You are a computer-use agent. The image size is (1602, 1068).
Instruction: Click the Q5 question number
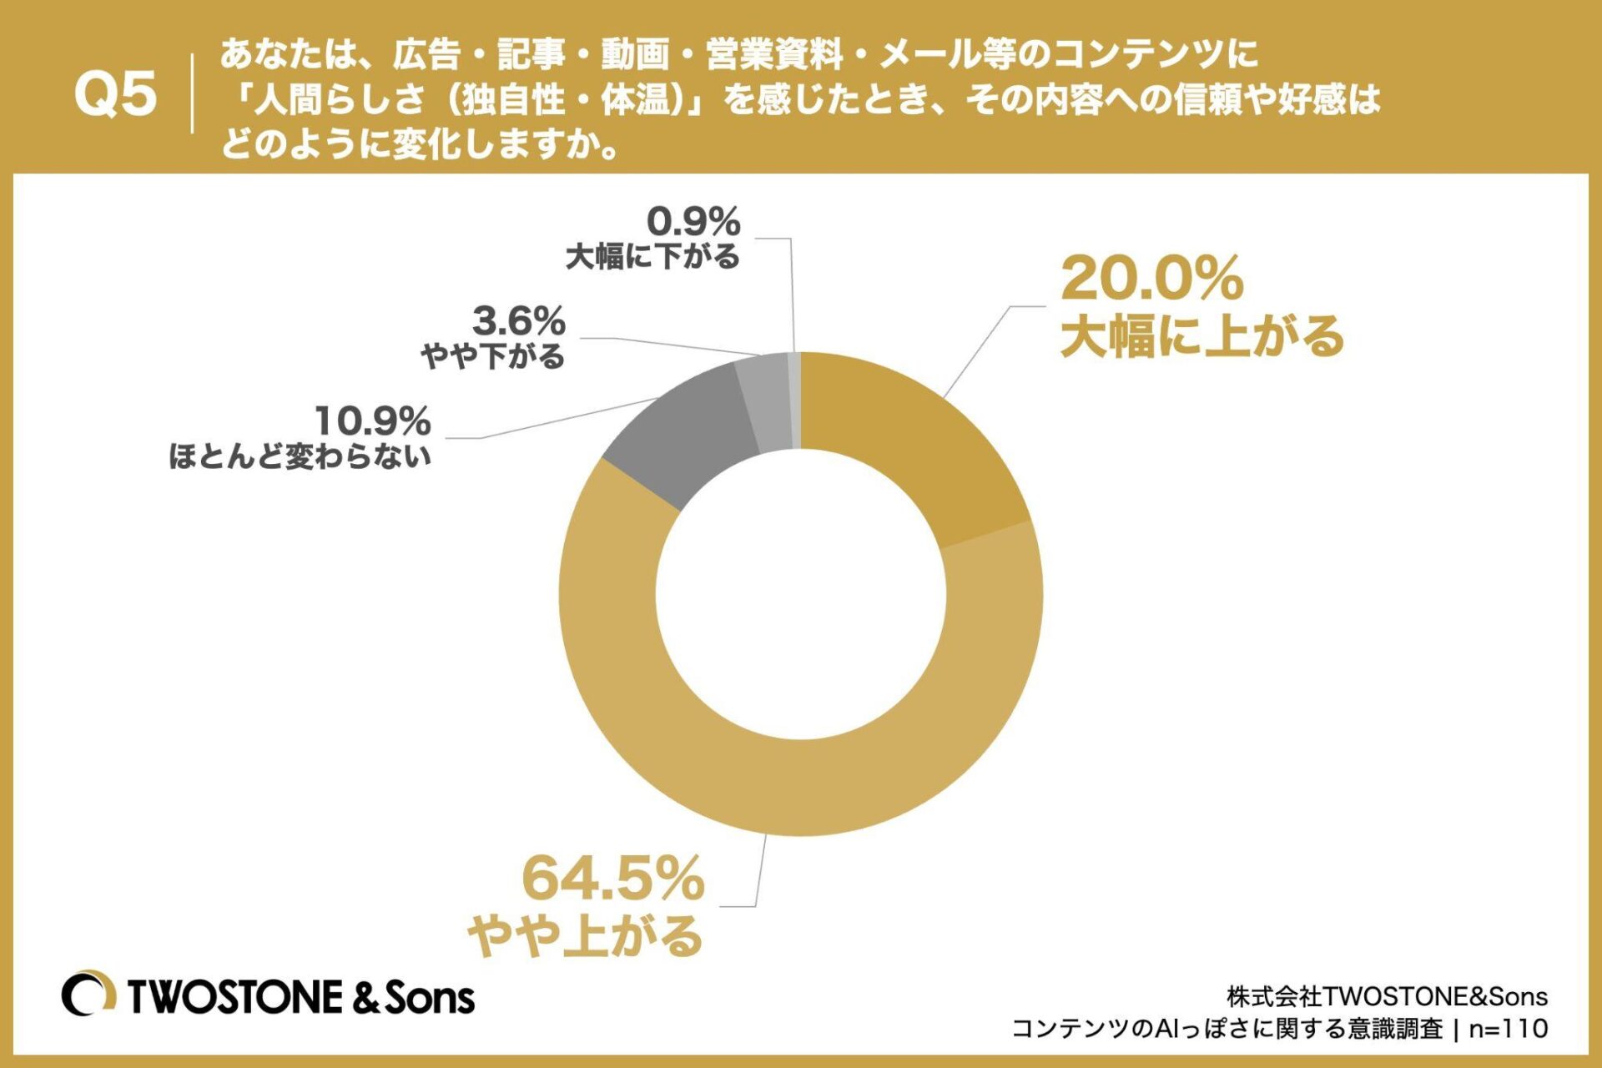(x=115, y=93)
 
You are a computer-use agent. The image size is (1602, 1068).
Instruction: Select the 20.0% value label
(x=1151, y=279)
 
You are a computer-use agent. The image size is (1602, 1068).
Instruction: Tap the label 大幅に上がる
(x=1201, y=335)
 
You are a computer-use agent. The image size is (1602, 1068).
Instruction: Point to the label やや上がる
(x=585, y=935)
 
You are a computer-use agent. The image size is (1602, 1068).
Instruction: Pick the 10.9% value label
(x=372, y=421)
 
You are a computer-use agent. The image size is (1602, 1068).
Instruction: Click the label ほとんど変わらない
(x=300, y=456)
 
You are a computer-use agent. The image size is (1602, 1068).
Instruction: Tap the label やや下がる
(x=493, y=357)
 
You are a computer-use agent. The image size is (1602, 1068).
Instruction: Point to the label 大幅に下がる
(x=652, y=257)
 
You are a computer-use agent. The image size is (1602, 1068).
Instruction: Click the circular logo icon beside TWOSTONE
(x=88, y=994)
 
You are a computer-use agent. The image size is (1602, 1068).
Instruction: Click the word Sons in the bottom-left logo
(x=429, y=997)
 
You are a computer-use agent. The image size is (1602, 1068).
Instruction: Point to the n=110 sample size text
(x=1509, y=1028)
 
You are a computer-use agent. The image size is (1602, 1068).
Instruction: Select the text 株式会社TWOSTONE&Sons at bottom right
(x=1387, y=996)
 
